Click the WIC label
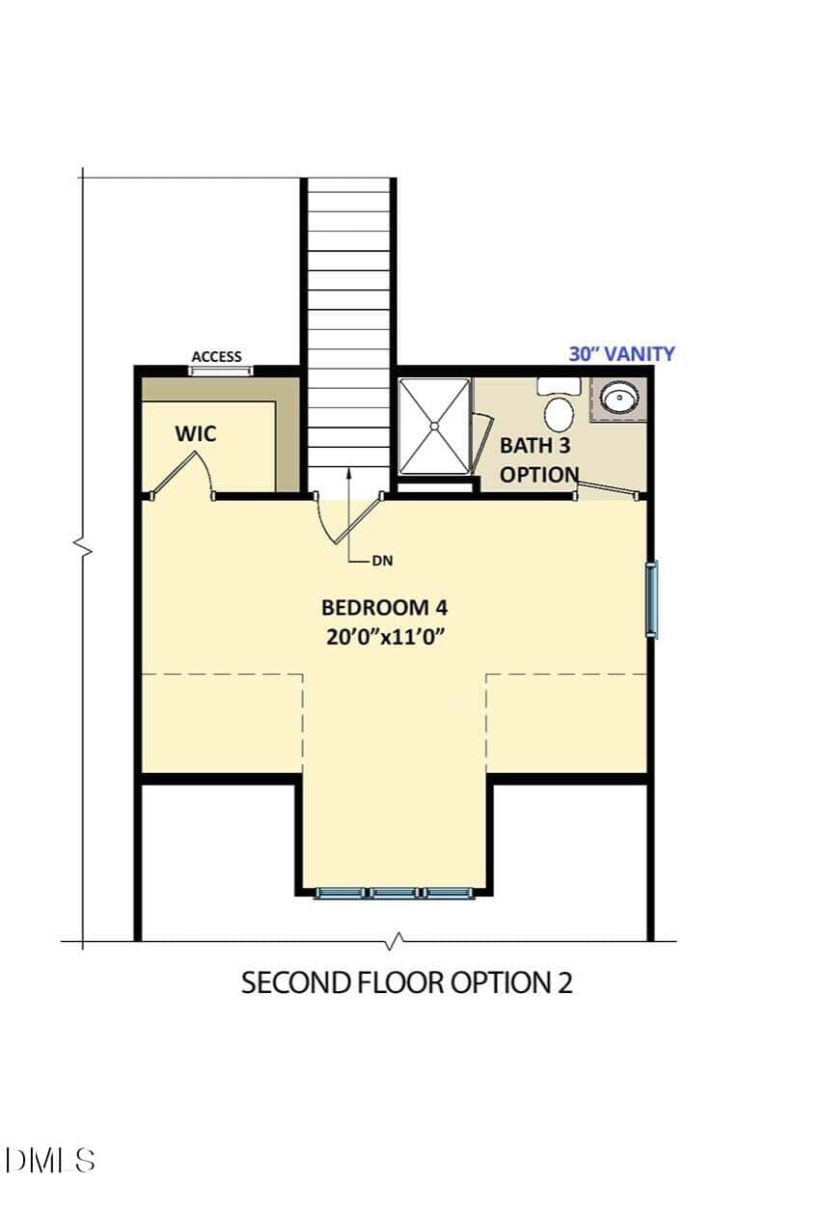195,433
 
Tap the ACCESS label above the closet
216,357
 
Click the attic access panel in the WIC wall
220,371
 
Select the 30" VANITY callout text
621,354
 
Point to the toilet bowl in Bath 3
559,414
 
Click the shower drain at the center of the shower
434,427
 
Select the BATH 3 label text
535,446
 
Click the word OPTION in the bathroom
539,475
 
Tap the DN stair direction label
382,562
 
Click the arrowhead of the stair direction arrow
348,472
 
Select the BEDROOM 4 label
384,607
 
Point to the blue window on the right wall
651,600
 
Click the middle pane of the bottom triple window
395,892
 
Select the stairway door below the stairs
348,519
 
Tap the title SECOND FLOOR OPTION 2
407,982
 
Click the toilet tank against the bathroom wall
559,387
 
